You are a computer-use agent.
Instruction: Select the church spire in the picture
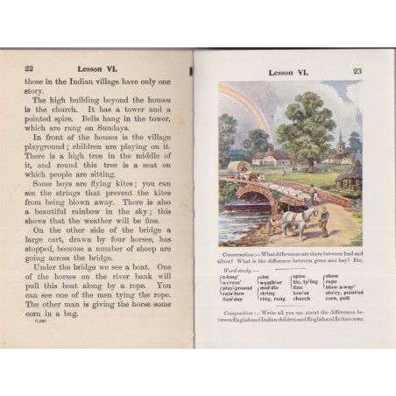341,140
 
